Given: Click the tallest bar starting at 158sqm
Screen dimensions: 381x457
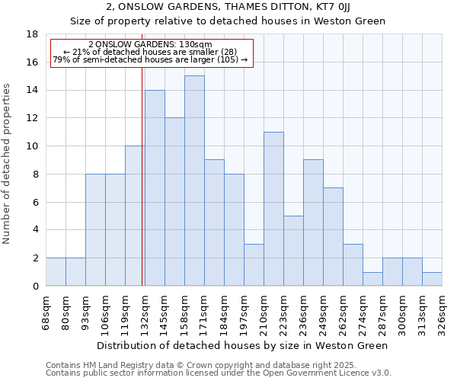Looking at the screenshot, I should [x=194, y=181].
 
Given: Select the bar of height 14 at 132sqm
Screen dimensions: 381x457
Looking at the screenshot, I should [x=155, y=187].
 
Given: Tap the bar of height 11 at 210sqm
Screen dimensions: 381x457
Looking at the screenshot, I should [x=273, y=209].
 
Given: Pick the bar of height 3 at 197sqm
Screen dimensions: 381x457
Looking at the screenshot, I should [x=254, y=264].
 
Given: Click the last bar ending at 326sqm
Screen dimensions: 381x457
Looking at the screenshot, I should [x=432, y=279].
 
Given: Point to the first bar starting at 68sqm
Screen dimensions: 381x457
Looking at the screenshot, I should [x=56, y=272].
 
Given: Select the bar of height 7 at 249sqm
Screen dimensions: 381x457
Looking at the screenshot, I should [x=333, y=236].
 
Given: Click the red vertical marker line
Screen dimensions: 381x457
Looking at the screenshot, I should [x=142, y=175].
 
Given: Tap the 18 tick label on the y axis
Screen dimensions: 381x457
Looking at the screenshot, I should [x=33, y=34].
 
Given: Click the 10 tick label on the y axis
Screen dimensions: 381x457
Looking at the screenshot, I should [x=33, y=146].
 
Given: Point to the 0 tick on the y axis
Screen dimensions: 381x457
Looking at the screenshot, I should [x=36, y=286].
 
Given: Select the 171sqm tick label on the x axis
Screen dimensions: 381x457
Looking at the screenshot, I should [x=205, y=310].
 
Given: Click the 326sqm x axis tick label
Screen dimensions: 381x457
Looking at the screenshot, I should [x=443, y=310].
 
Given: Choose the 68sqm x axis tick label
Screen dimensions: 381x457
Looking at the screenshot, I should [x=46, y=310].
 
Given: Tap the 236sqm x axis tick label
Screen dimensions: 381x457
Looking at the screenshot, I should [x=304, y=310].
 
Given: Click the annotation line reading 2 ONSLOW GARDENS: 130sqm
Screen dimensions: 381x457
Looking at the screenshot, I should [x=150, y=44].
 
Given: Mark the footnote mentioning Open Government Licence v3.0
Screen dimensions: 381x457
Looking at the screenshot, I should [x=219, y=373].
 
